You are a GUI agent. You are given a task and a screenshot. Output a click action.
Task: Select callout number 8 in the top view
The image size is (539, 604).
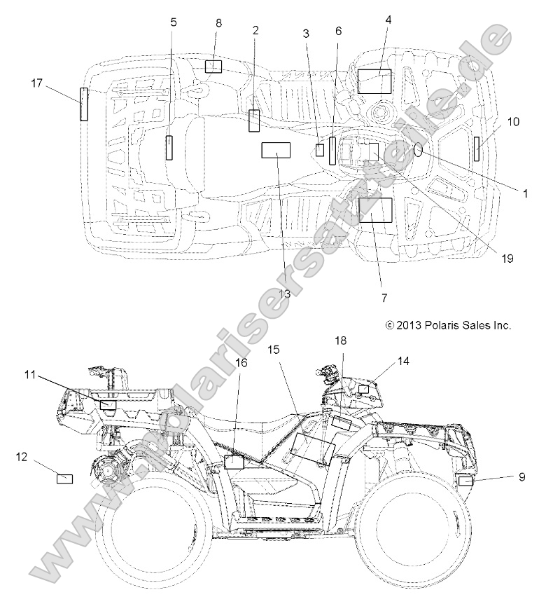coord(218,23)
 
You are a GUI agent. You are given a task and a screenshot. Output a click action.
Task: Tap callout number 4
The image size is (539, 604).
coord(388,21)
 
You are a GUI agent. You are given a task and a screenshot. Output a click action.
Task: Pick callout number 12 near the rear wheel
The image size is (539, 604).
coord(22,457)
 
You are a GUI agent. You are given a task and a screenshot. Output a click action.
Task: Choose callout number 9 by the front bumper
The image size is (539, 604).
coord(521,477)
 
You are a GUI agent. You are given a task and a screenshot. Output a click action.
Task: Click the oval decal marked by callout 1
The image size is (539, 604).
coord(419,150)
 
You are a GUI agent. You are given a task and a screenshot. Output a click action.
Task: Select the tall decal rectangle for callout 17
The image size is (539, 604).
coord(84,105)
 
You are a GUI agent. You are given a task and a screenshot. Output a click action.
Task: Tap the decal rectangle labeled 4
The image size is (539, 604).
coord(374,81)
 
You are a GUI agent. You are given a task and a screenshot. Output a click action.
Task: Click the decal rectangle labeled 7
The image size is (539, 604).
coord(374,210)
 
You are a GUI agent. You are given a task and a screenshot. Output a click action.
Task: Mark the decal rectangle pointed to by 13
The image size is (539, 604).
coord(276,151)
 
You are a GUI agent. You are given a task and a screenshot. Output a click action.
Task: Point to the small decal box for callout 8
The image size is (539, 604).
coord(213,67)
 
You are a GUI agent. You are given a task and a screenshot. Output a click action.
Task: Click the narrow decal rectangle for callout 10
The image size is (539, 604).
coord(477,149)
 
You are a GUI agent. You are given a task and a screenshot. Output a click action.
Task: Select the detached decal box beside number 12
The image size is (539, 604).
coord(64,479)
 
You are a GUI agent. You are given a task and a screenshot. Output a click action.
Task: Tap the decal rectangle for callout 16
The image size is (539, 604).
coord(233,462)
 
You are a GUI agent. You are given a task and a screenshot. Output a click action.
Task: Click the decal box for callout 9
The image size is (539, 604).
coord(465,480)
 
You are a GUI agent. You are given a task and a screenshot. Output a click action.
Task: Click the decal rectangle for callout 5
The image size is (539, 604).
coord(169,148)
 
